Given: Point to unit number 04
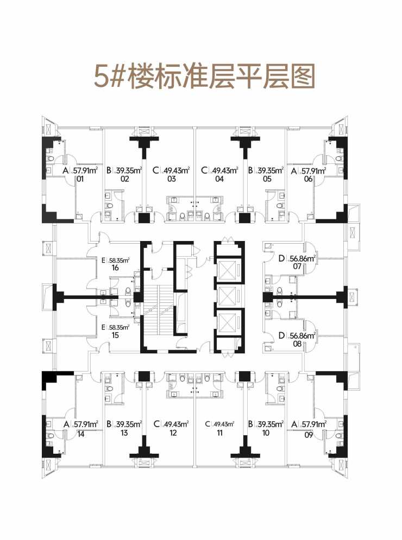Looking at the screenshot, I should click(219, 179).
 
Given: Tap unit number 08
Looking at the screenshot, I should click(297, 344).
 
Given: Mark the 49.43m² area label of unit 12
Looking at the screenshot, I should click(175, 424).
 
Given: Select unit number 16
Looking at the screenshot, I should click(115, 268).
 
